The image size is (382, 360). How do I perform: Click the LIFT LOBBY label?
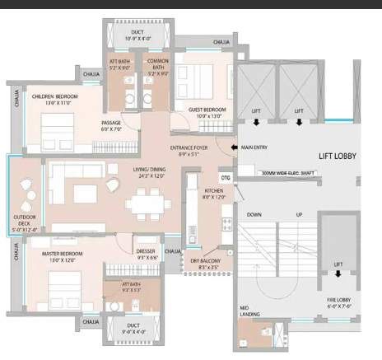pos(338,155)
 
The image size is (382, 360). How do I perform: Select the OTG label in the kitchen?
pos(225,177)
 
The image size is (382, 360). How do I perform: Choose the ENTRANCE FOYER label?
pos(189,149)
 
